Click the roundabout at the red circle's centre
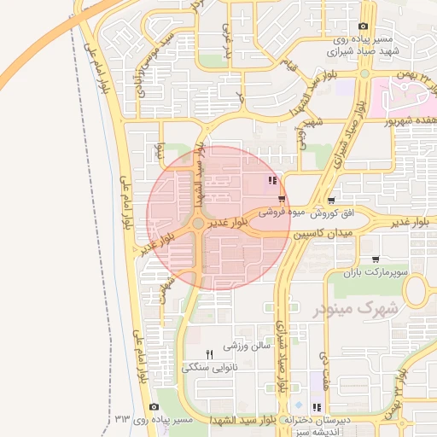click(198, 223)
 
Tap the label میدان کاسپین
click(323, 233)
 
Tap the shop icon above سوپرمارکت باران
click(376, 259)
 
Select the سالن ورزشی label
click(247, 347)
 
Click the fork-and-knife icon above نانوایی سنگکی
click(209, 354)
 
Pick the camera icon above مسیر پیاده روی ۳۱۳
click(154, 407)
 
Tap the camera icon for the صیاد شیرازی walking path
click(364, 26)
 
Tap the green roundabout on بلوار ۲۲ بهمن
click(365, 74)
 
